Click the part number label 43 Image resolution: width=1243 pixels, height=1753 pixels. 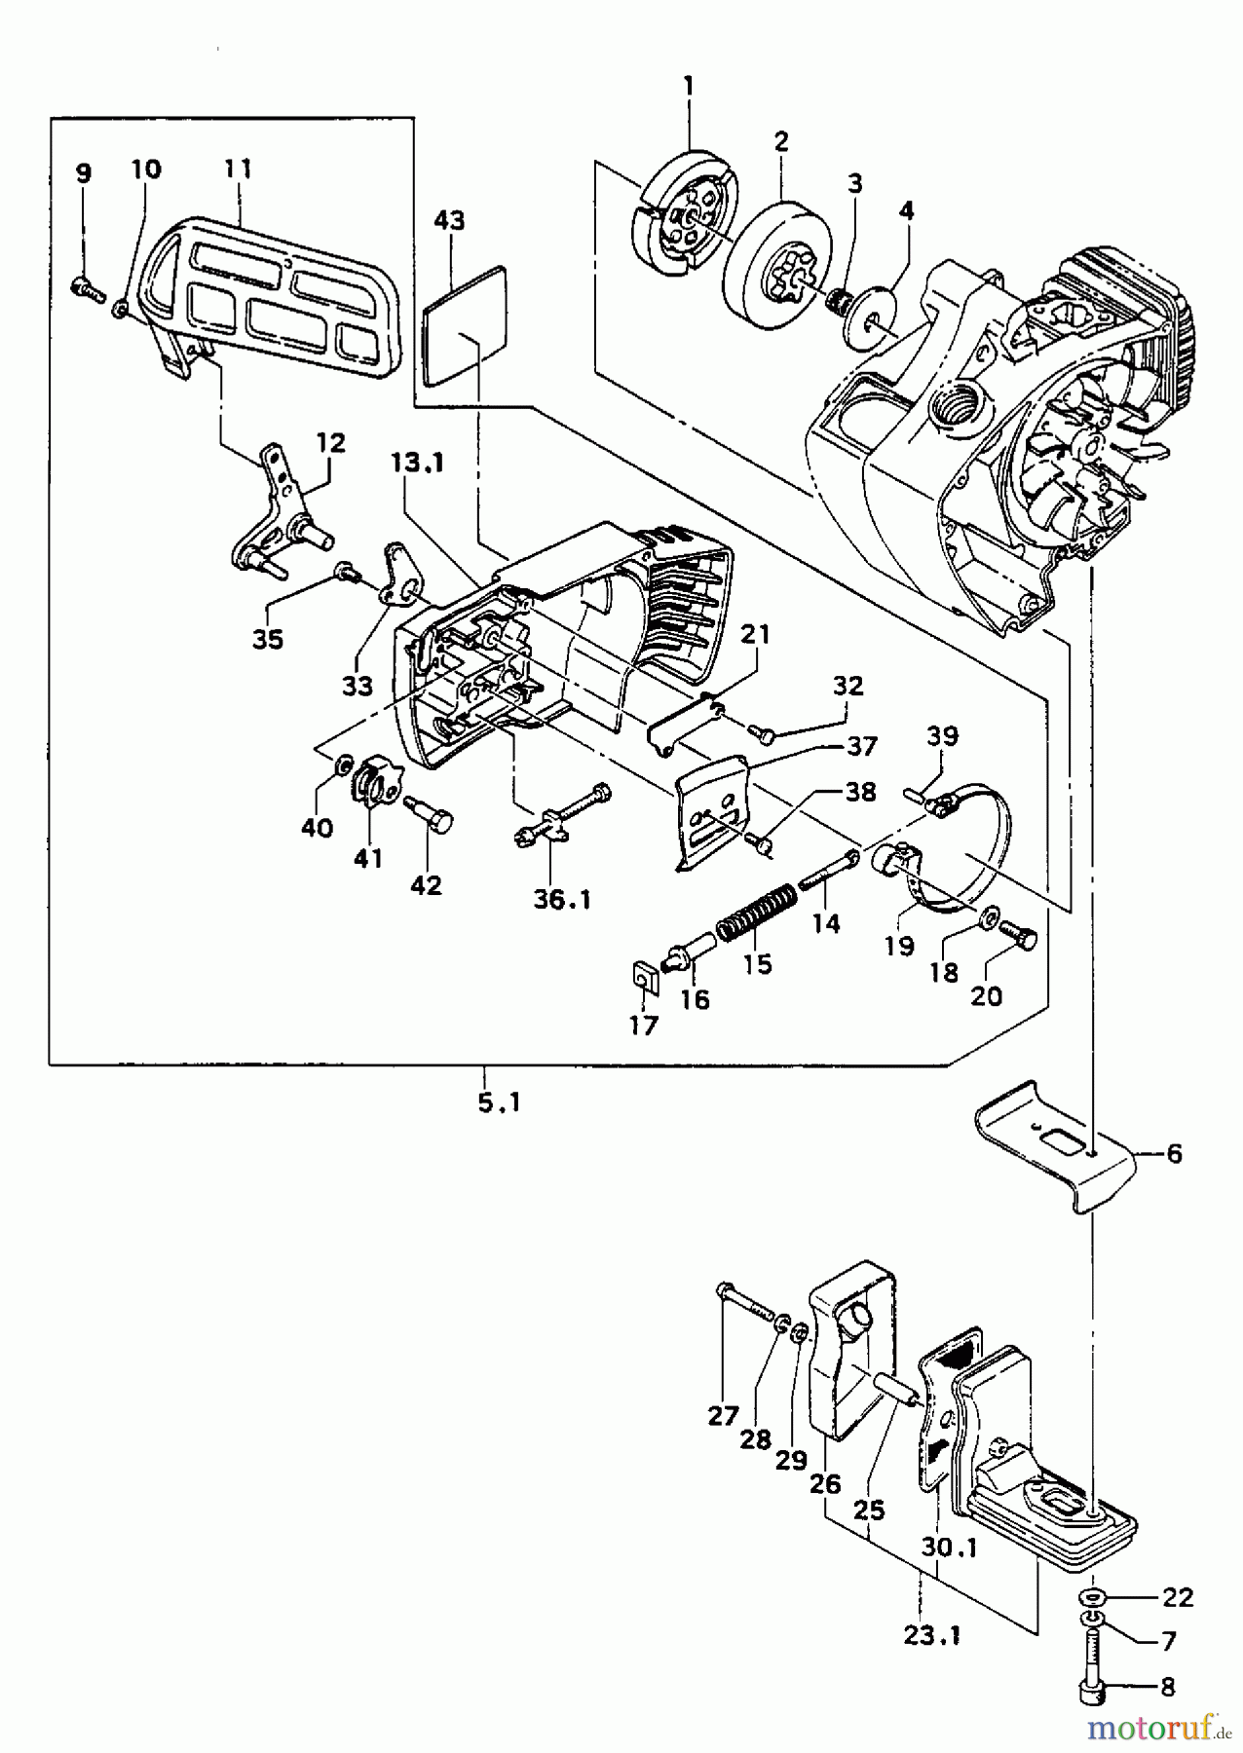(449, 220)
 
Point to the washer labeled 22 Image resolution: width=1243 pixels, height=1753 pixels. (1091, 1598)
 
